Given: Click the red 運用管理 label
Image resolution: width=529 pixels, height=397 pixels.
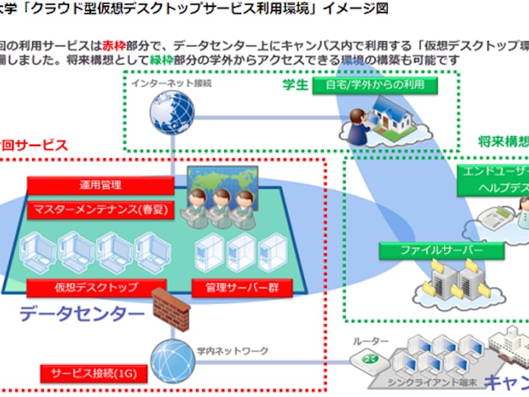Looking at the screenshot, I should tap(100, 185).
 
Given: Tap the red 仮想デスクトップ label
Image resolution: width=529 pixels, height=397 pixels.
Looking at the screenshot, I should tap(96, 287).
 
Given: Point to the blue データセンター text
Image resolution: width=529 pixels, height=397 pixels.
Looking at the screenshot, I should tap(81, 313).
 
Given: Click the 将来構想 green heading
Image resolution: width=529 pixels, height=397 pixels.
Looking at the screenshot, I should tap(503, 141).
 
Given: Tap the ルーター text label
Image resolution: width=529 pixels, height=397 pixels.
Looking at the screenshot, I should tap(370, 341).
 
